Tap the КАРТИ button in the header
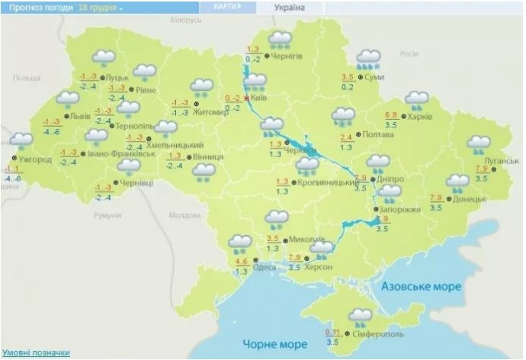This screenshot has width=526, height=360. click(x=226, y=6)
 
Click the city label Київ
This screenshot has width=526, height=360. click(x=260, y=98)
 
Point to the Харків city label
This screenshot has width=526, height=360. click(x=419, y=117)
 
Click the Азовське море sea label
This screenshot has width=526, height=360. click(x=422, y=286)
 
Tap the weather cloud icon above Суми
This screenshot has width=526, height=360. click(x=369, y=59)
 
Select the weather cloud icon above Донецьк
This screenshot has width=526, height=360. click(x=458, y=183)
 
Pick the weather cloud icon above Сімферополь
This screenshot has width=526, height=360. click(x=360, y=316)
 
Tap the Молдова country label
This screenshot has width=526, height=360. click(x=184, y=215)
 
